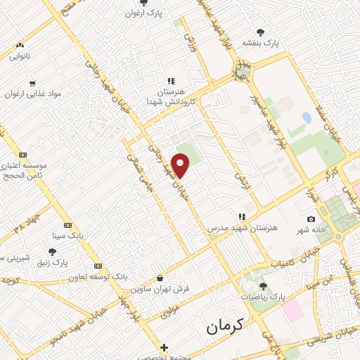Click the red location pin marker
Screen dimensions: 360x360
click(x=181, y=166)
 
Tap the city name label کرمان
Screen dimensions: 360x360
click(x=224, y=326)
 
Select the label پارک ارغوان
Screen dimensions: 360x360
click(x=143, y=13)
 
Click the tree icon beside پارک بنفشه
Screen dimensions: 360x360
click(x=261, y=32)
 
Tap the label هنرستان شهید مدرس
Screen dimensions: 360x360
click(x=243, y=229)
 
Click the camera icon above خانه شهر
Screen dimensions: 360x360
click(x=311, y=219)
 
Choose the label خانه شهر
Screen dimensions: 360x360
click(x=311, y=230)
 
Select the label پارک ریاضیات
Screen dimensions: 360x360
click(x=264, y=297)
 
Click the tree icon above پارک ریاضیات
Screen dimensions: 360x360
click(x=264, y=286)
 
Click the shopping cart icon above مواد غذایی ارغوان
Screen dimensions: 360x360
click(x=32, y=84)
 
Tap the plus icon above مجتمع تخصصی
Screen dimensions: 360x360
click(x=164, y=347)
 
